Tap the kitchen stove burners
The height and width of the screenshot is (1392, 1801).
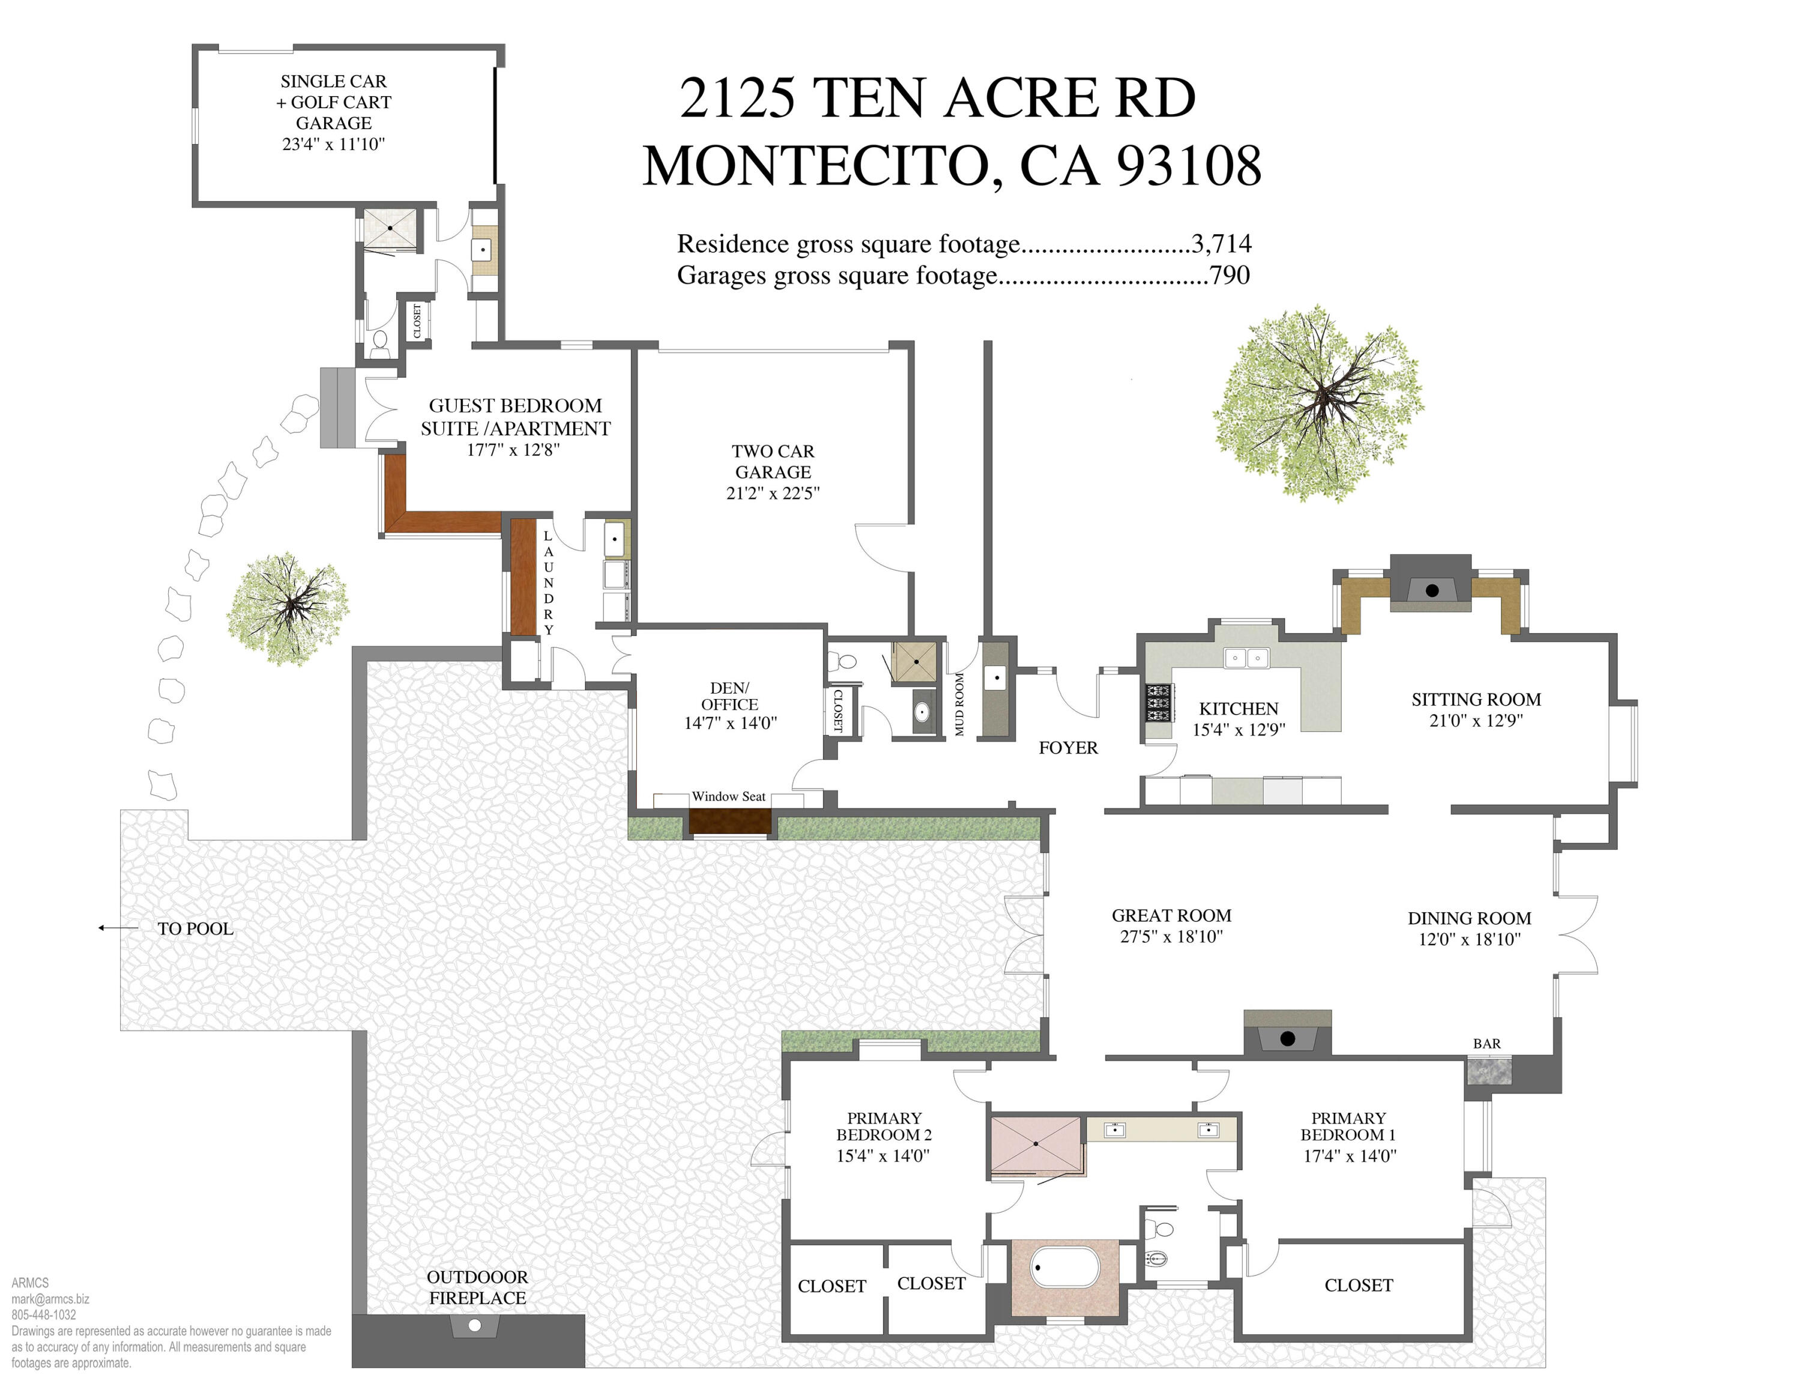[1159, 703]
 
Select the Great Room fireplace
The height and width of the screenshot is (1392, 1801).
[1287, 1038]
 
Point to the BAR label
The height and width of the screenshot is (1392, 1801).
[1487, 1043]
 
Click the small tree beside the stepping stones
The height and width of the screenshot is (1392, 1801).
[287, 608]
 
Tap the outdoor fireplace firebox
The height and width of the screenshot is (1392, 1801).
[474, 1325]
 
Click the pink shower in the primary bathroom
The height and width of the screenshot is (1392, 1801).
[1036, 1144]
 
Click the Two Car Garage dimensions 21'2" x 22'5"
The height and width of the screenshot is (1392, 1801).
[773, 493]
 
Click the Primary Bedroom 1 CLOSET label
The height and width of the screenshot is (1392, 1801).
[1358, 1285]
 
